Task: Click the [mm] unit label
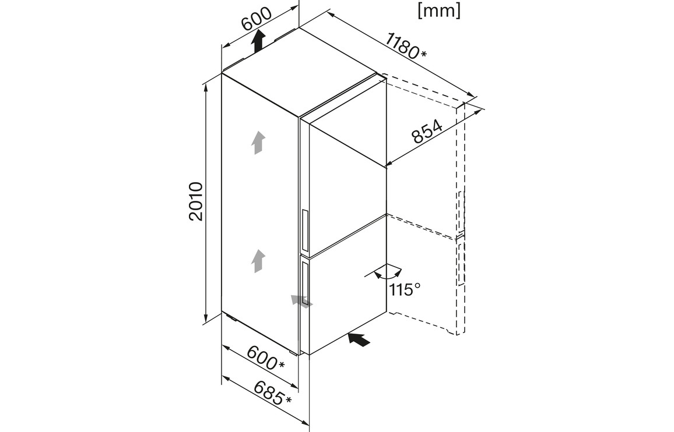click(x=439, y=10)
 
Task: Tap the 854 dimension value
click(x=427, y=132)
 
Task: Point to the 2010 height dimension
click(x=195, y=201)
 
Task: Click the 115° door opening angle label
click(x=405, y=289)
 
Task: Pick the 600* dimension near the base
click(x=266, y=357)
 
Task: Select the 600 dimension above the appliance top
click(x=256, y=19)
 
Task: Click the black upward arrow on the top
click(x=258, y=41)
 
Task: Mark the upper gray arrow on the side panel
click(x=258, y=143)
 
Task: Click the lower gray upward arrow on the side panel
click(x=258, y=261)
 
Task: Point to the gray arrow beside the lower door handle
click(x=302, y=301)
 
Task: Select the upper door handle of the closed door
click(x=306, y=231)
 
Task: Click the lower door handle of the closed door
click(x=305, y=284)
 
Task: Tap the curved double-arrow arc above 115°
click(x=388, y=274)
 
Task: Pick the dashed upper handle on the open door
click(x=461, y=212)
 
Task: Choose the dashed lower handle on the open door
click(x=461, y=263)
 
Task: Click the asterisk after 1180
click(x=424, y=55)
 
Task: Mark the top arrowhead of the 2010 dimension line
click(x=207, y=87)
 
